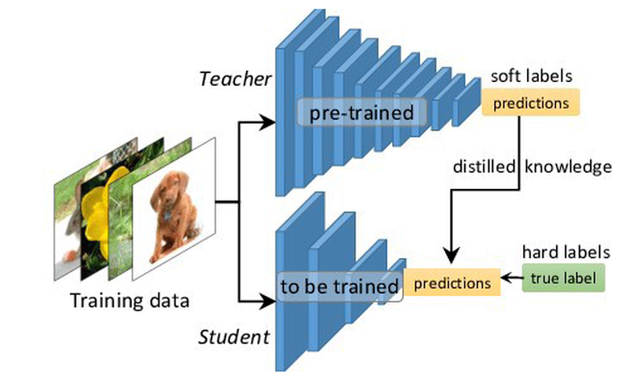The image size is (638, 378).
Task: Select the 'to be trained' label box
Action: pos(339,286)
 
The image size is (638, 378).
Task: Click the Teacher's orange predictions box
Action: pos(530,103)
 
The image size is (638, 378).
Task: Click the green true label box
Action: pos(561,279)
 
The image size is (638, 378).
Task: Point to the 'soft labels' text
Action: pos(533,78)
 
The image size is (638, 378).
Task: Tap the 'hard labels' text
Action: pos(565,252)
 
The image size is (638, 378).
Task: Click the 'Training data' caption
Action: pos(130,302)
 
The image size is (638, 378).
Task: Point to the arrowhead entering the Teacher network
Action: pos(268,123)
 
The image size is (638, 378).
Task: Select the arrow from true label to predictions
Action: pos(510,280)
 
